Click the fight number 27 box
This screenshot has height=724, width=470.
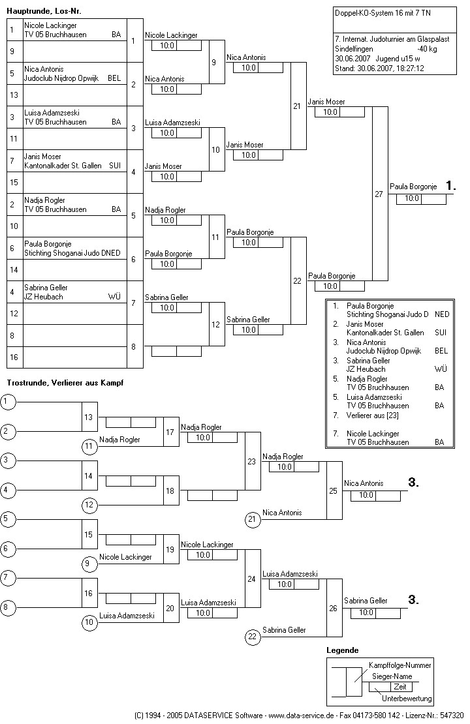point(379,194)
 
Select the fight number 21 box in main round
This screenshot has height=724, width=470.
point(298,106)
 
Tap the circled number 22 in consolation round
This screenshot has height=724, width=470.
point(253,636)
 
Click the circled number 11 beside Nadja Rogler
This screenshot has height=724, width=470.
point(89,446)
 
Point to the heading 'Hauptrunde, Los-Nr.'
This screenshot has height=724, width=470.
point(44,11)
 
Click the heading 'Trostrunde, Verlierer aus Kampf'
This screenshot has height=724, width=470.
point(65,382)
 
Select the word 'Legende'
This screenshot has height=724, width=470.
point(342,650)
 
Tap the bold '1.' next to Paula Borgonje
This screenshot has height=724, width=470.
point(450,186)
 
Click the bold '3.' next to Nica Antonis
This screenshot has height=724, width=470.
point(413,483)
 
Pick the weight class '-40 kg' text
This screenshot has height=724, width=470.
point(428,49)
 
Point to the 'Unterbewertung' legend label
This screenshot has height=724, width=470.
point(407,699)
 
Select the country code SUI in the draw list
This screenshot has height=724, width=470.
point(115,166)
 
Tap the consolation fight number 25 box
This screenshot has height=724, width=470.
point(334,490)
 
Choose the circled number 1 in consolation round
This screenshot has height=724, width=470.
point(8,402)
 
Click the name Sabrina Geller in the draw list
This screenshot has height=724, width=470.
point(46,288)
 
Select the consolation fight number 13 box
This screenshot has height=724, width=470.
point(89,417)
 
